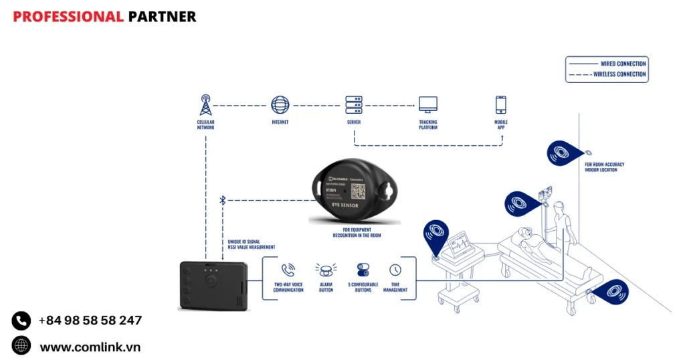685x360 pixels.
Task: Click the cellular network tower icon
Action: pos(205,105)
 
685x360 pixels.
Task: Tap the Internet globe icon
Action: pos(280,105)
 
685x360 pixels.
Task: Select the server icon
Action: pos(354,105)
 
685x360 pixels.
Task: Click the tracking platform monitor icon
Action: pos(428,105)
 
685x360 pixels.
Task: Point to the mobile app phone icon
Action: pos(500,105)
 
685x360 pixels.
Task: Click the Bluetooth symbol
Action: pos(223,199)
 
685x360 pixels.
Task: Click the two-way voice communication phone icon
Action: pos(288,270)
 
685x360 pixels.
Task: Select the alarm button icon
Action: pos(326,270)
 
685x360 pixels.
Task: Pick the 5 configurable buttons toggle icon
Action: pos(363,270)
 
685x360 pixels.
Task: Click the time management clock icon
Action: pos(395,270)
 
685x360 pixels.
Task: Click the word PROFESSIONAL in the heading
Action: pos(68,17)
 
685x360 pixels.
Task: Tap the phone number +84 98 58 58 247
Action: pos(90,321)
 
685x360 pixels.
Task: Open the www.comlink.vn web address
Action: pos(90,347)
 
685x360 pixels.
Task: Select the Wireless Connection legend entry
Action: pos(619,74)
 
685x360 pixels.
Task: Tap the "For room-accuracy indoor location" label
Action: pos(604,167)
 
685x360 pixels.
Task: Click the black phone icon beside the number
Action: pos(21,321)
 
